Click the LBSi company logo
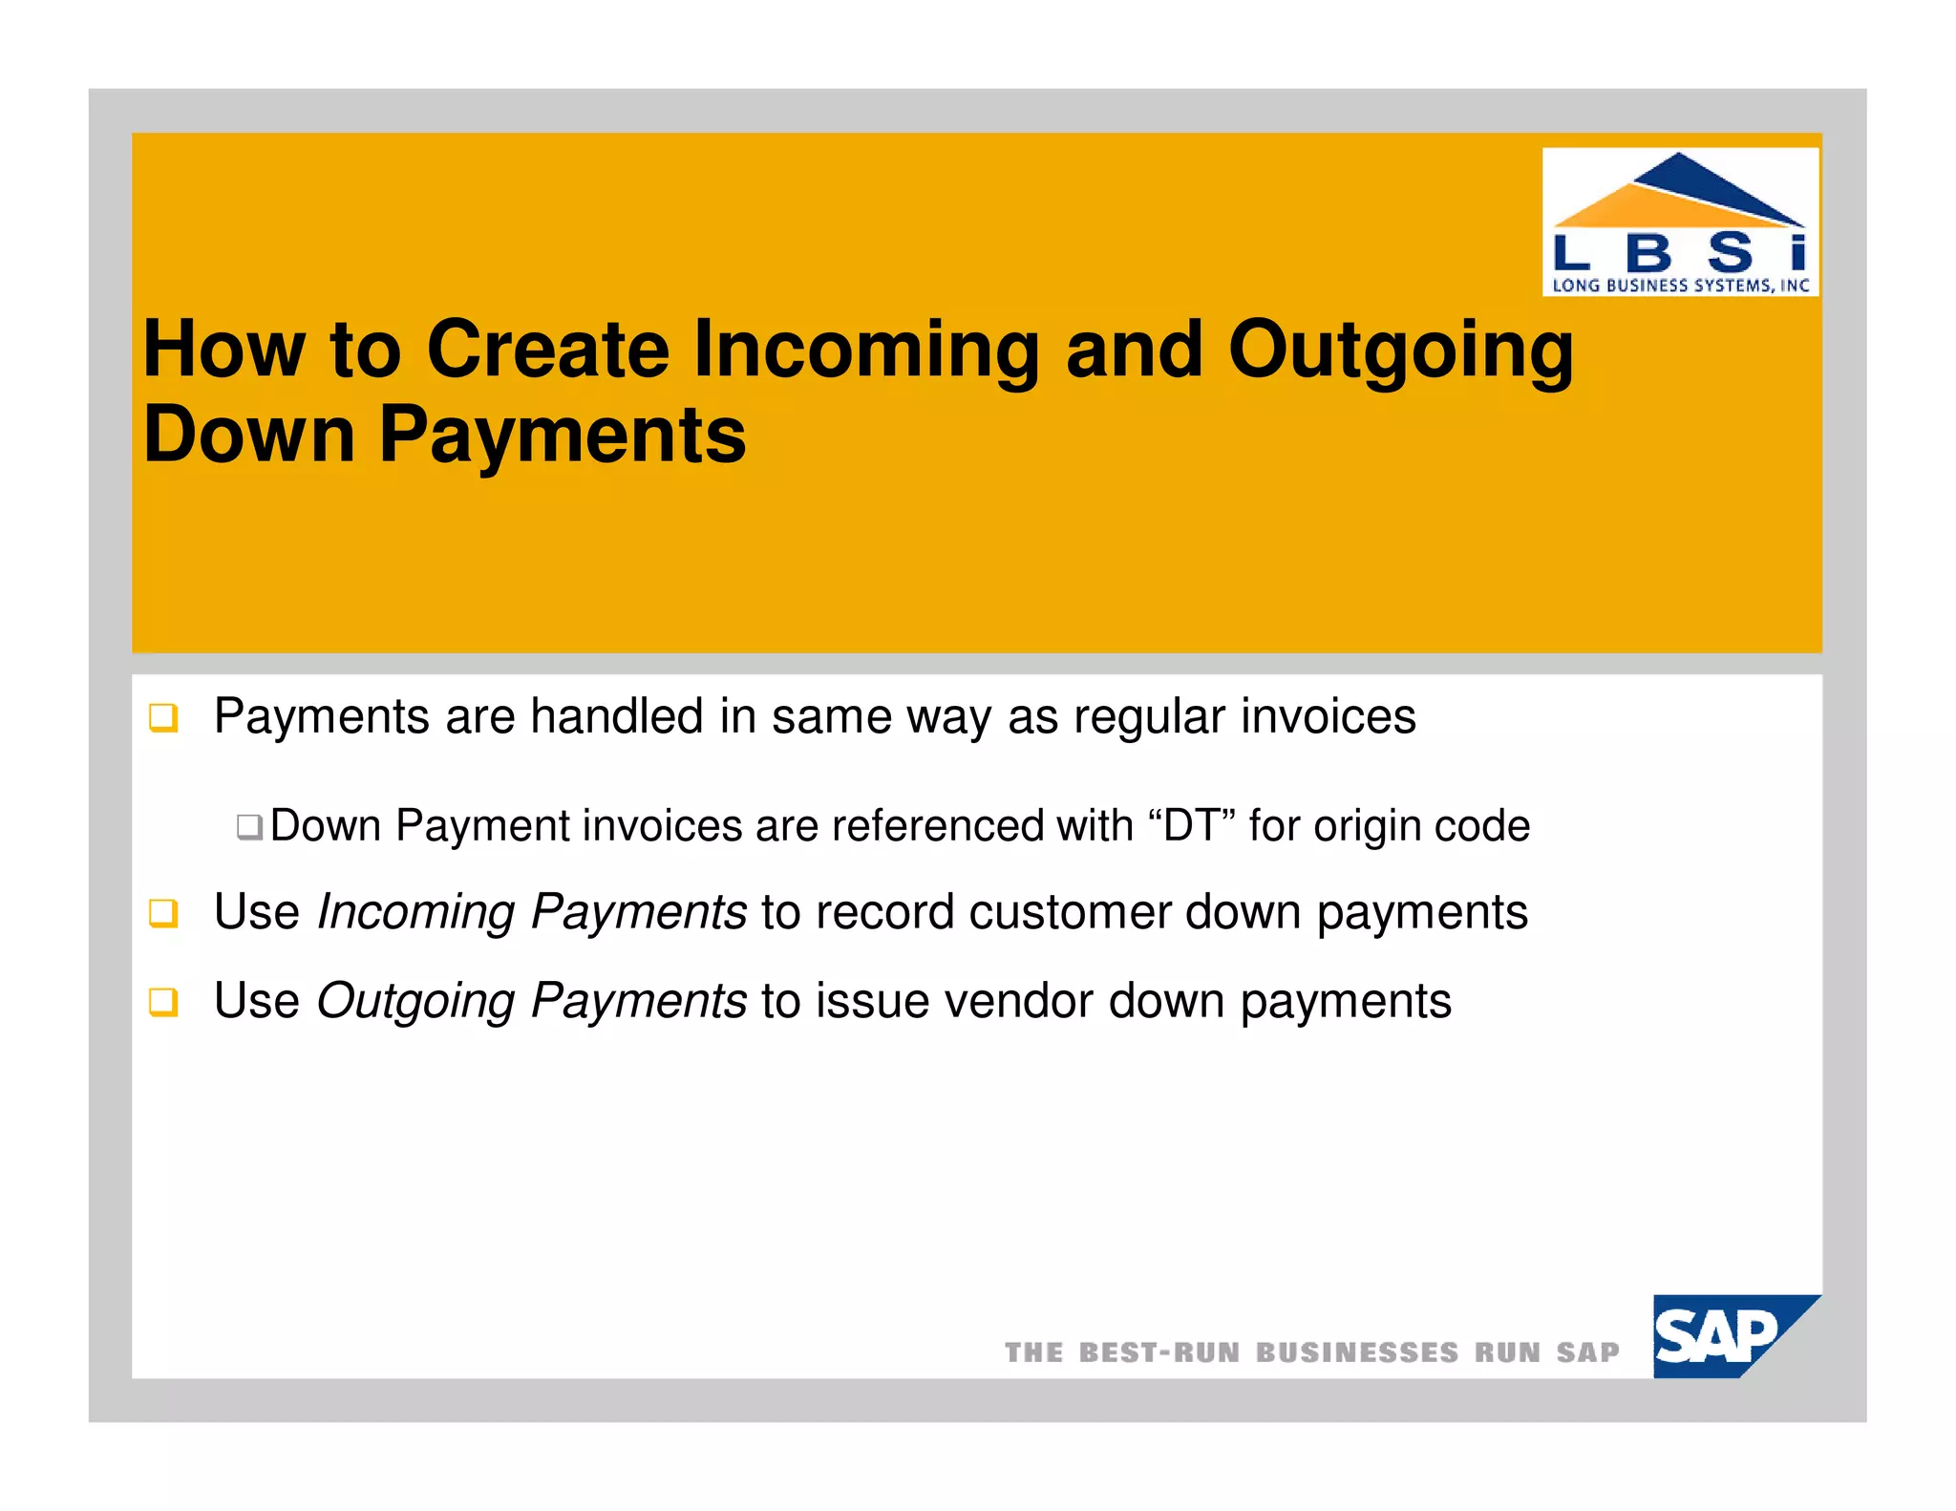[1680, 222]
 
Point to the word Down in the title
[249, 436]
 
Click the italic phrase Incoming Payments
[531, 912]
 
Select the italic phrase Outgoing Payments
[531, 1002]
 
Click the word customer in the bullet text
[1070, 912]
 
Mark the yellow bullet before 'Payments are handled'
[163, 717]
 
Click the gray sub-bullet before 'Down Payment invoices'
[249, 826]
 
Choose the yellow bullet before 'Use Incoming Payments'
[163, 913]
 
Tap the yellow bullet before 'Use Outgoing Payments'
[163, 1003]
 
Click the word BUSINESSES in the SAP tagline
[1356, 1352]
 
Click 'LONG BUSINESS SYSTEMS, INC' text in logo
[1680, 285]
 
